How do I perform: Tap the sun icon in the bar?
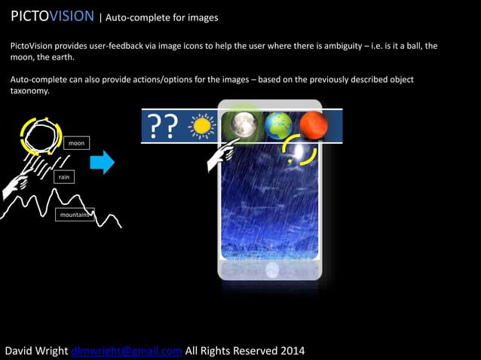pos(202,125)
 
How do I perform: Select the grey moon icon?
pos(244,124)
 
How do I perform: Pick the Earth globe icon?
pos(278,125)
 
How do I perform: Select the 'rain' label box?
pos(64,177)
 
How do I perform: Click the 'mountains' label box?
pos(74,215)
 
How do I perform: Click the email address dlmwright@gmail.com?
pos(127,350)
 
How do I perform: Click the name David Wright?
pos(37,350)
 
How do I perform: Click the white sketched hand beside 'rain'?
pos(18,181)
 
